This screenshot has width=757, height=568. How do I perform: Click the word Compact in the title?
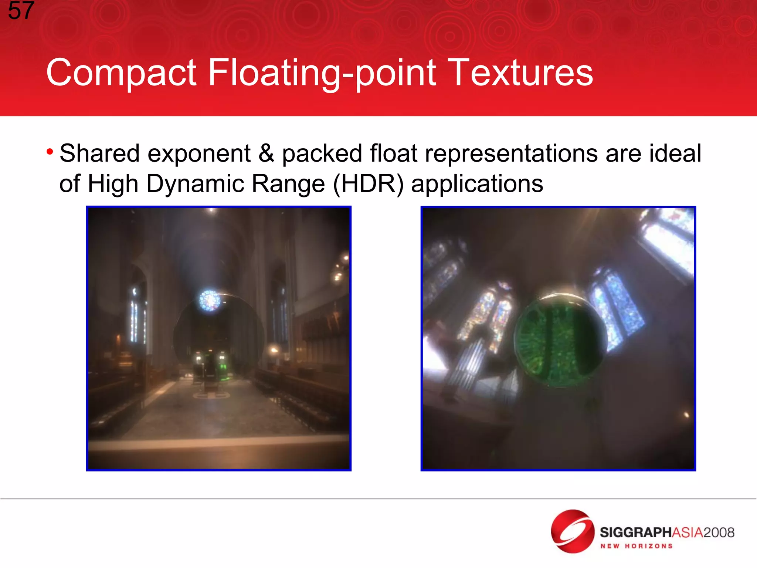(121, 73)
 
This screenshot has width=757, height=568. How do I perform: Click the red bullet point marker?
(50, 152)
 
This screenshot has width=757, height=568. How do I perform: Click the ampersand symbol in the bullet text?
(266, 153)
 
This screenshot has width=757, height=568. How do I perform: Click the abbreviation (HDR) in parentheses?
(368, 184)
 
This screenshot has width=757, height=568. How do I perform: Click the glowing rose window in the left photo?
(210, 300)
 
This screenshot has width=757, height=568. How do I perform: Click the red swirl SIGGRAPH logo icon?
(573, 531)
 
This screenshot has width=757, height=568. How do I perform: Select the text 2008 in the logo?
(719, 532)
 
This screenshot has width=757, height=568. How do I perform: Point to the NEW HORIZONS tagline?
(636, 546)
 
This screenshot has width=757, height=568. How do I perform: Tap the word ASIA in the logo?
(687, 532)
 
